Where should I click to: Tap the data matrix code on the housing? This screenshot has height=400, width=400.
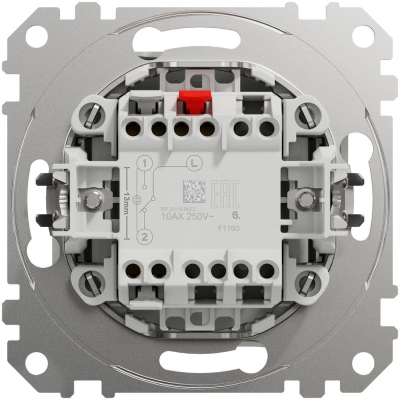point(194,191)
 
